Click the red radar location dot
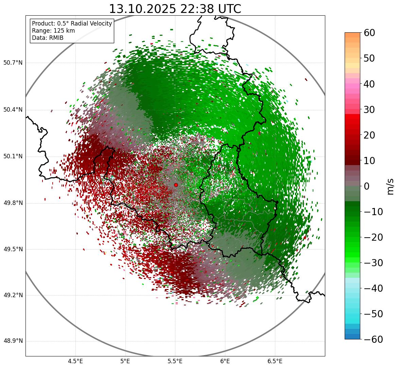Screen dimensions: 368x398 click(x=176, y=185)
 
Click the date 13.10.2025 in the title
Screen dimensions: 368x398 click(x=142, y=9)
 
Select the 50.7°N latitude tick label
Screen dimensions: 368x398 click(x=13, y=63)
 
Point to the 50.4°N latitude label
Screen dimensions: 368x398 click(x=13, y=110)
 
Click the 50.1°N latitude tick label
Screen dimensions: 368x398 click(x=13, y=157)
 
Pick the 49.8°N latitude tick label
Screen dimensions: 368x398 click(x=13, y=203)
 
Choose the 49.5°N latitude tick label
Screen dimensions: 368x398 click(x=13, y=250)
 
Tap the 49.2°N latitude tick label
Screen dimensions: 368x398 click(x=13, y=295)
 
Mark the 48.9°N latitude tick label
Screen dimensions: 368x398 click(x=13, y=341)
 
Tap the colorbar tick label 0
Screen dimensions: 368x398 click(x=367, y=186)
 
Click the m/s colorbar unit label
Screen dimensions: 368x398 click(x=391, y=186)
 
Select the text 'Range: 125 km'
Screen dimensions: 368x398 click(x=53, y=31)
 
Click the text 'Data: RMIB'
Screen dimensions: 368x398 click(x=48, y=38)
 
